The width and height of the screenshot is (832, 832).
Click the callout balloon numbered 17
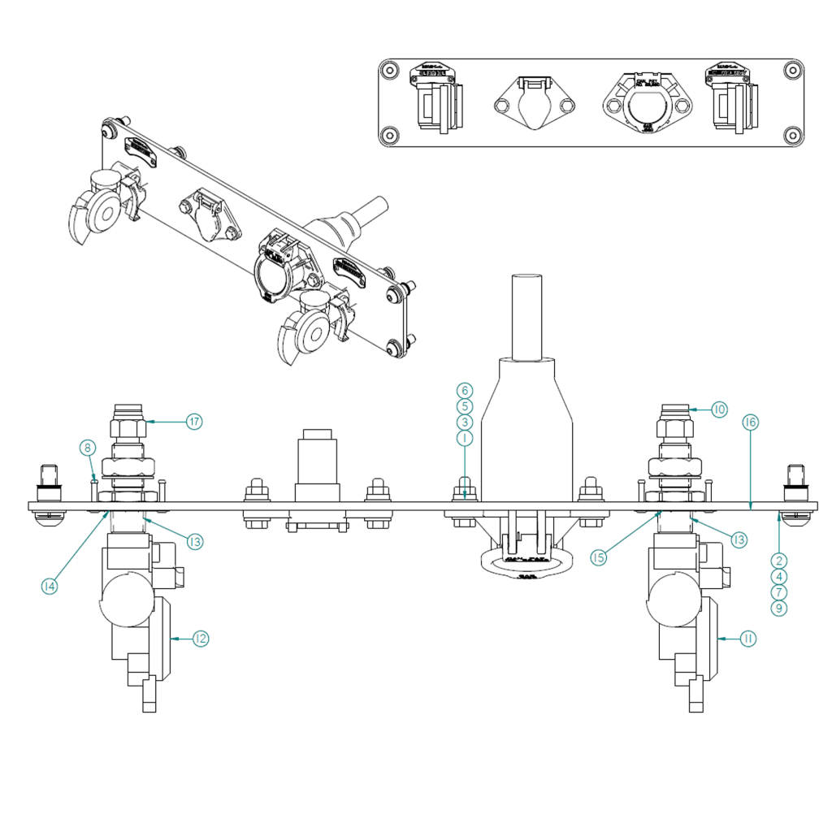(x=193, y=422)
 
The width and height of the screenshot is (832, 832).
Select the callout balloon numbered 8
(x=87, y=446)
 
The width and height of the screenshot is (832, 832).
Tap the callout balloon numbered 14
(x=50, y=585)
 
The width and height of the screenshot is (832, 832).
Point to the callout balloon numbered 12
(x=201, y=639)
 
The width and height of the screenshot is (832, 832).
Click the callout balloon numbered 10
(x=719, y=409)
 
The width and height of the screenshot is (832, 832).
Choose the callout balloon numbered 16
(x=750, y=422)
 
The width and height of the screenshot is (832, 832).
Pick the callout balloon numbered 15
(x=599, y=558)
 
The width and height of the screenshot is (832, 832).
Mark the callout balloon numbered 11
(x=748, y=639)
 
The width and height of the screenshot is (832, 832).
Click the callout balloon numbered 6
(x=464, y=390)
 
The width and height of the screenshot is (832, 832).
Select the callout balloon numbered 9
(x=779, y=607)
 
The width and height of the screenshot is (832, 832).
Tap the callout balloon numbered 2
(x=779, y=560)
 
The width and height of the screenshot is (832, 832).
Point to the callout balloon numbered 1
(x=464, y=438)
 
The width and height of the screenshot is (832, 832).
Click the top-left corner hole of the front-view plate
(x=390, y=71)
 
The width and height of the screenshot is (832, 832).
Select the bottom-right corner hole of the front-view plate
(x=794, y=134)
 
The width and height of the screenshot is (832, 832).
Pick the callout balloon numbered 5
(x=464, y=405)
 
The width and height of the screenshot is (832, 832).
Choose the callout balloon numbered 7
(x=779, y=591)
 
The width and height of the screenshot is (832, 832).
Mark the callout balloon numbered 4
(x=779, y=576)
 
